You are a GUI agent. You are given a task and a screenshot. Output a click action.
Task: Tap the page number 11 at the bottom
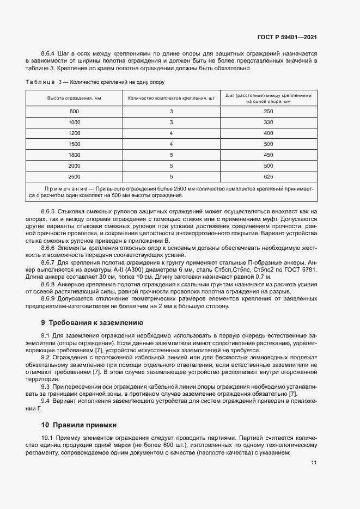(x=314, y=463)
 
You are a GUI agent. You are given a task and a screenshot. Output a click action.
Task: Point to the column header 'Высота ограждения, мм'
(x=74, y=99)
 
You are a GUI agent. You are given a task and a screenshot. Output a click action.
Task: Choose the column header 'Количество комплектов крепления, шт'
(x=171, y=99)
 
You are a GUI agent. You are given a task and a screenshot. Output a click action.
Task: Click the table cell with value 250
(x=268, y=112)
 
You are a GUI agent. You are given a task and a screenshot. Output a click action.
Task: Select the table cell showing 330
(x=268, y=122)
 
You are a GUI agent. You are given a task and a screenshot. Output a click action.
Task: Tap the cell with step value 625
(x=268, y=176)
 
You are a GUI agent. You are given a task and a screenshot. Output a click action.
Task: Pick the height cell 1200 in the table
(x=74, y=133)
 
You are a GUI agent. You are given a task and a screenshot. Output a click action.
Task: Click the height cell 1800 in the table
(x=74, y=155)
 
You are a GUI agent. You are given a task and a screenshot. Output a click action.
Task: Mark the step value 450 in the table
(x=268, y=155)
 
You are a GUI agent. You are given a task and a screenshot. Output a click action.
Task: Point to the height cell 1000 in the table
(x=74, y=122)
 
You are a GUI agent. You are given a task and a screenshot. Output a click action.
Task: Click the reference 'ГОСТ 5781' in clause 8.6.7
(x=301, y=269)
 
